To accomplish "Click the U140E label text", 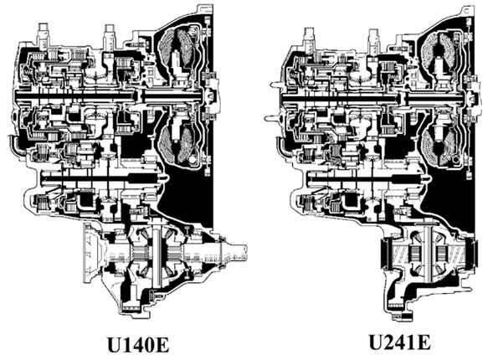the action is point(138,344).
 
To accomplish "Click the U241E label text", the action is point(400,342).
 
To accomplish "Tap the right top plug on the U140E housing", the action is point(110,36).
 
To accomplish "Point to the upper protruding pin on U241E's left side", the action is point(275,84).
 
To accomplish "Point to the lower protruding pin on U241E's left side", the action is point(271,118).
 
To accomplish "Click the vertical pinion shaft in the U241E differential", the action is point(427,253).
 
